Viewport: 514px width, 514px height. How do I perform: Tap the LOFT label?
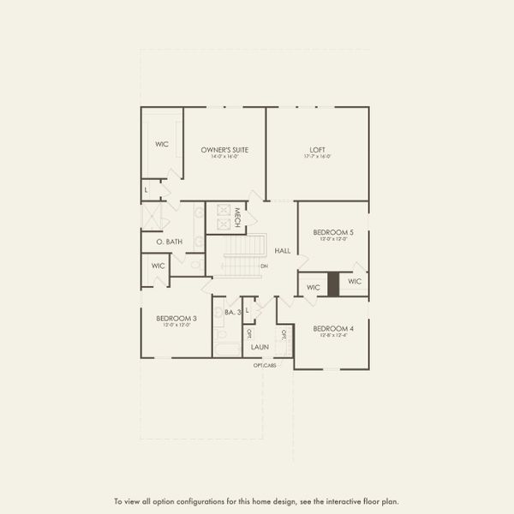pyautogui.click(x=317, y=150)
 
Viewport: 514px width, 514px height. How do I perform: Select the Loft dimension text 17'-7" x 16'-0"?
pyautogui.click(x=317, y=157)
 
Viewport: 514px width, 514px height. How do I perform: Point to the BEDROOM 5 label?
pyautogui.click(x=333, y=232)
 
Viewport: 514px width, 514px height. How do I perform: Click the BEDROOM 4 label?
pyautogui.click(x=333, y=328)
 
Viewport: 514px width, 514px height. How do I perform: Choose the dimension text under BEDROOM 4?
pyautogui.click(x=333, y=335)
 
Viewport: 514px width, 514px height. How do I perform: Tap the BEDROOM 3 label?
pyautogui.click(x=176, y=318)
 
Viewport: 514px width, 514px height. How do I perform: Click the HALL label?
pyautogui.click(x=282, y=251)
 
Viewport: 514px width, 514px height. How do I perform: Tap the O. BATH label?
pyautogui.click(x=169, y=242)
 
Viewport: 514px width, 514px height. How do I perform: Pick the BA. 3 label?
pyautogui.click(x=231, y=313)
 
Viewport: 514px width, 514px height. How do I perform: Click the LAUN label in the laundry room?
pyautogui.click(x=260, y=347)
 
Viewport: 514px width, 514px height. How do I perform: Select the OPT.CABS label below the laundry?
pyautogui.click(x=265, y=365)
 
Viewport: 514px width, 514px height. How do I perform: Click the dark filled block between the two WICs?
pyautogui.click(x=333, y=284)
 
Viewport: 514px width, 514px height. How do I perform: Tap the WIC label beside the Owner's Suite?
pyautogui.click(x=161, y=144)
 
